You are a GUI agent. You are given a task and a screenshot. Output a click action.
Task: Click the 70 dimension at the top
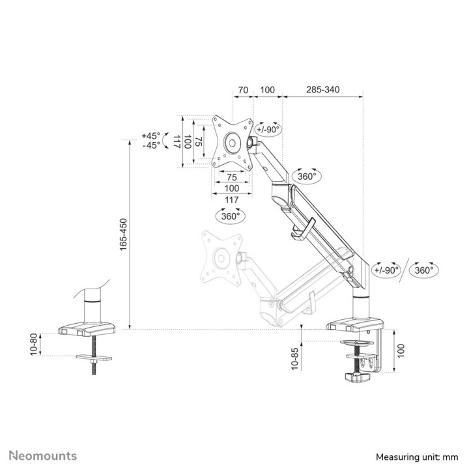(x=243, y=90)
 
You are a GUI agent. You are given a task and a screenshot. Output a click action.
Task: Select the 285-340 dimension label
(x=322, y=90)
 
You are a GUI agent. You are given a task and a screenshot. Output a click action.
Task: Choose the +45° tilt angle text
(x=150, y=135)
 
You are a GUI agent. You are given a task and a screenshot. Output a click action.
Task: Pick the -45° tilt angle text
(x=150, y=145)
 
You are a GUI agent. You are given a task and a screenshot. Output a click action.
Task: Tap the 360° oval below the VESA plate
(x=230, y=215)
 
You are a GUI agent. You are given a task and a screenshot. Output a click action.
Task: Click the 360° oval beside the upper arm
(x=306, y=176)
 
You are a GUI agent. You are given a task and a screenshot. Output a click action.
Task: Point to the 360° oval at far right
(x=425, y=270)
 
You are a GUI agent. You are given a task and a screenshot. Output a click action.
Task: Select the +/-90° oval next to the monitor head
(x=268, y=129)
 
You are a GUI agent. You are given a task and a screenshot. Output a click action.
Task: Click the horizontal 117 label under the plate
(x=231, y=199)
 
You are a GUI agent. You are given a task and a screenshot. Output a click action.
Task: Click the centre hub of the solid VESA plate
(x=232, y=141)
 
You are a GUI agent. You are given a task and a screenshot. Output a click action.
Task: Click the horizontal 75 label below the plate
(x=231, y=177)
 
